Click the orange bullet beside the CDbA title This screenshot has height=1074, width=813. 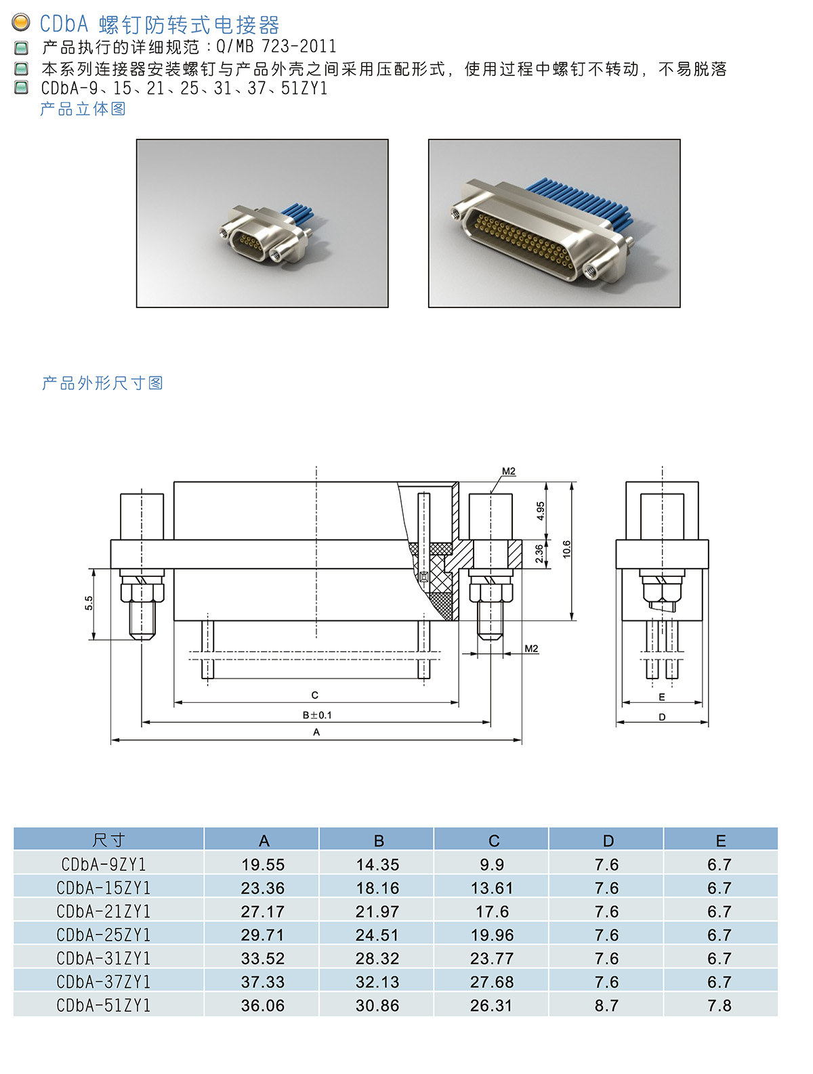[20, 22]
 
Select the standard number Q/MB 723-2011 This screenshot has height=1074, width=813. [276, 47]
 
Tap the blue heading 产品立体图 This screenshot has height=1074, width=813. [83, 108]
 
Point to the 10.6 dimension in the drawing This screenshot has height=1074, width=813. [566, 549]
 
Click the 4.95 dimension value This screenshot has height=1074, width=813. [541, 511]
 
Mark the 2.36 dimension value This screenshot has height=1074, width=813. [539, 554]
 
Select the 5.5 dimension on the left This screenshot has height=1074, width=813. [89, 603]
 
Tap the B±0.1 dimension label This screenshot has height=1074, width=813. [316, 715]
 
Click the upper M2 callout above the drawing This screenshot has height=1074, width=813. [509, 471]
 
